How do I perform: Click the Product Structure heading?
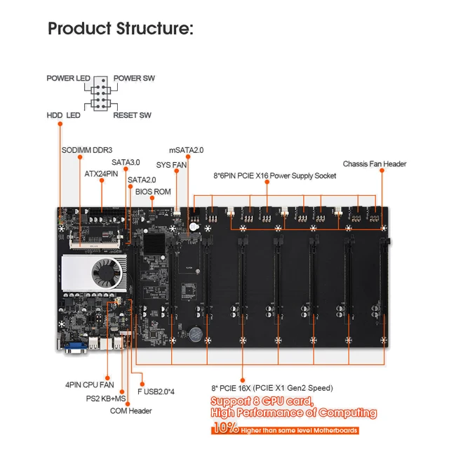point(120,29)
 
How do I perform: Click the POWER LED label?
point(70,78)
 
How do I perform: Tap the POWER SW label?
point(134,78)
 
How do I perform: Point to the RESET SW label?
point(132,114)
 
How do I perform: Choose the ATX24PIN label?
point(102,172)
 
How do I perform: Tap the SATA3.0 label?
point(126,162)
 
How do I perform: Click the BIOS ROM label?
point(152,191)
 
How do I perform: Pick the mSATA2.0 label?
point(186,150)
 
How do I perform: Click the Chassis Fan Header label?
point(375,164)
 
